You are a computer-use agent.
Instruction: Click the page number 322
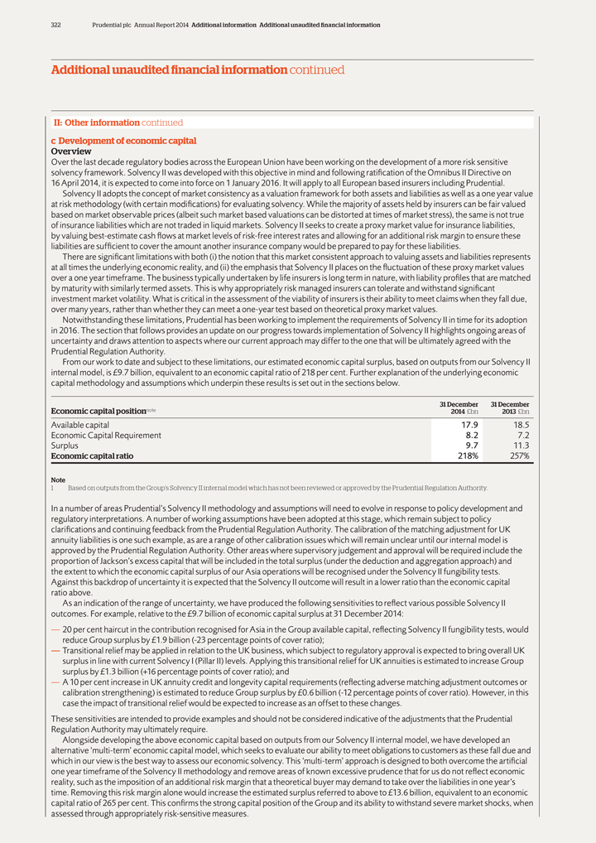tap(55, 25)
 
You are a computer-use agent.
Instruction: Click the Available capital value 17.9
tap(469, 425)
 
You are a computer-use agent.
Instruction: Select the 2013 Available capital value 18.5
tap(519, 425)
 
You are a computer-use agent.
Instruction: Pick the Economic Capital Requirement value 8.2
tap(472, 435)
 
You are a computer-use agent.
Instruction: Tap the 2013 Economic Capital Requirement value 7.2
tap(521, 435)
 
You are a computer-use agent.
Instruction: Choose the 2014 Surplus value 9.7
tap(472, 446)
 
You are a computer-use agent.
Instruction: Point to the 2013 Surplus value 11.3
tap(520, 446)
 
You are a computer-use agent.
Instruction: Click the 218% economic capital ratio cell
tap(467, 455)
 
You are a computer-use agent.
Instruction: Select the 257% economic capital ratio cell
tap(517, 455)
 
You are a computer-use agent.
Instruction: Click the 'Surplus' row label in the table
tap(65, 446)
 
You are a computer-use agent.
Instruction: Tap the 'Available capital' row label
tap(80, 425)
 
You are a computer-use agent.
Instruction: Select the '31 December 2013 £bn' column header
tap(510, 407)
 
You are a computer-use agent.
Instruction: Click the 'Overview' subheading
tap(71, 152)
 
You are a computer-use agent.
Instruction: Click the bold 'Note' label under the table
tap(58, 479)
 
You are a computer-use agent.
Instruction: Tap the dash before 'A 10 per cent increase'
tap(55, 682)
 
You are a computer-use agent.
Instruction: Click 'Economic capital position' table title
tap(98, 411)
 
